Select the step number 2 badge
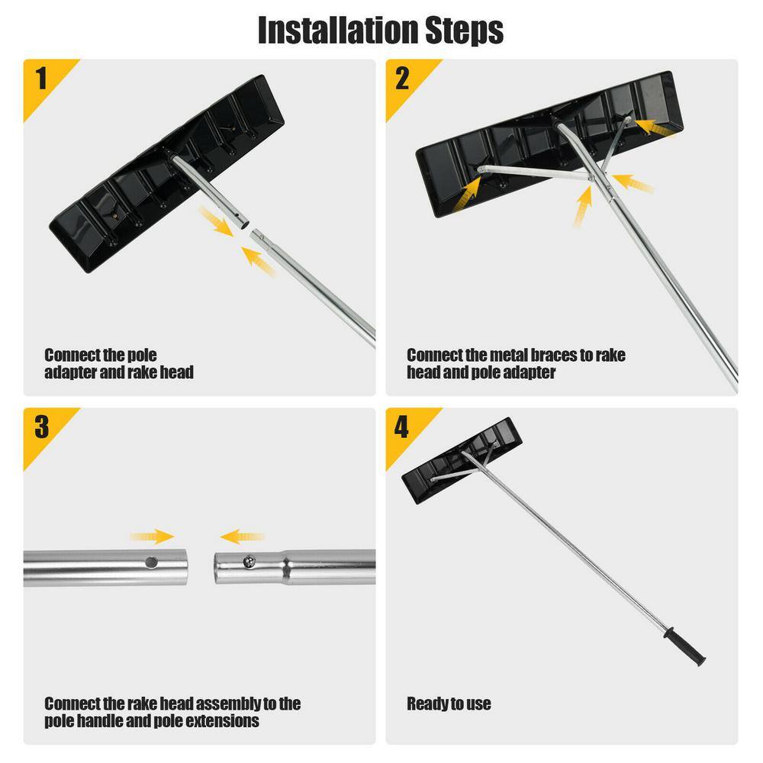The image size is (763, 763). pyautogui.click(x=403, y=79)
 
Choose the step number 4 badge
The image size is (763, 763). pyautogui.click(x=403, y=427)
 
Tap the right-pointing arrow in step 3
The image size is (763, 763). pyautogui.click(x=152, y=537)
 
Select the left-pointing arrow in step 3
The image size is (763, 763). pyautogui.click(x=242, y=537)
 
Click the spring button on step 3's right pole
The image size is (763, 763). pyautogui.click(x=248, y=562)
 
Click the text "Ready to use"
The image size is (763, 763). pyautogui.click(x=449, y=703)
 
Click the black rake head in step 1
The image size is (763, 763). pyautogui.click(x=153, y=175)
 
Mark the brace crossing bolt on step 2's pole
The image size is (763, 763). pyautogui.click(x=592, y=179)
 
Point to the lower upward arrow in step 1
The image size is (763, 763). pyautogui.click(x=259, y=259)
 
